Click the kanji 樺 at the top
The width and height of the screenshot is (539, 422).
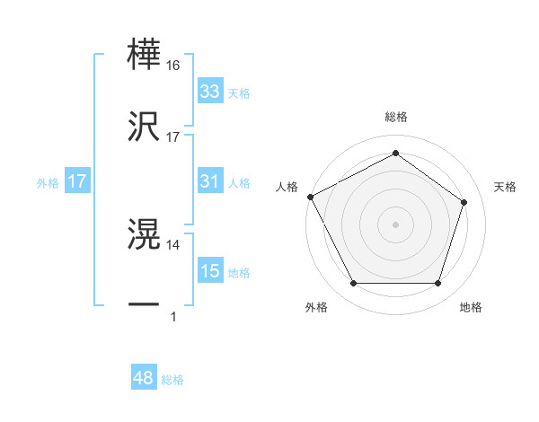[144, 56]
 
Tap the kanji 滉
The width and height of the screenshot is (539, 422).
[144, 235]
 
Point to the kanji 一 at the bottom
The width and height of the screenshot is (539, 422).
[144, 305]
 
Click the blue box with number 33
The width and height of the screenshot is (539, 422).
[209, 92]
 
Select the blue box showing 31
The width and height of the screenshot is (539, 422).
[209, 181]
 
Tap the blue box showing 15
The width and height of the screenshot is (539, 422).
[209, 271]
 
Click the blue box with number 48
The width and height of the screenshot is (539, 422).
[143, 378]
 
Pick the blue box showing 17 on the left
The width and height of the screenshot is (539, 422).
[77, 181]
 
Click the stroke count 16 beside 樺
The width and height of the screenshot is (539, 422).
[173, 66]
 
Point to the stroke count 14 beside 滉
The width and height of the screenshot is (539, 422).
[173, 244]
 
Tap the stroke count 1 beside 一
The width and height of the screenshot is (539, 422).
[173, 316]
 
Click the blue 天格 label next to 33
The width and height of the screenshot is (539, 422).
[239, 92]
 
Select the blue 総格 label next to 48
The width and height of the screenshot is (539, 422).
[172, 380]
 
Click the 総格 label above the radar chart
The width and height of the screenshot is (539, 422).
[395, 118]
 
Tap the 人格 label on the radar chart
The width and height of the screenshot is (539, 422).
[287, 187]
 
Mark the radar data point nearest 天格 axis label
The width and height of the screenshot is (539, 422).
[464, 202]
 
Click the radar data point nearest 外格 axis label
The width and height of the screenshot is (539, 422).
[353, 284]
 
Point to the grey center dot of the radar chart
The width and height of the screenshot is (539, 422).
[395, 224]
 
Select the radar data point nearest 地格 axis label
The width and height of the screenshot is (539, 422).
[438, 284]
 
